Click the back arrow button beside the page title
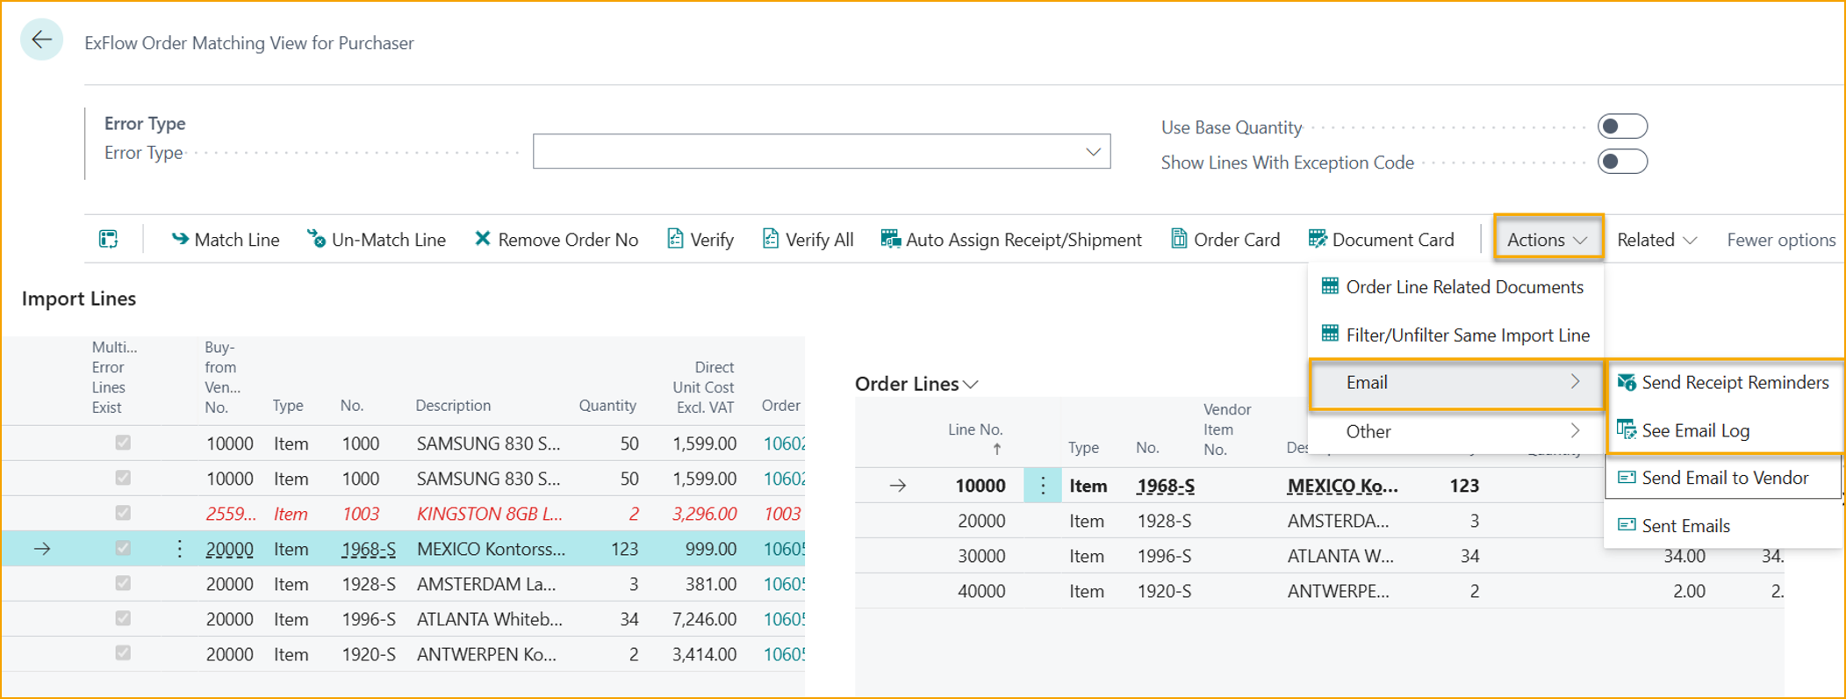pyautogui.click(x=41, y=40)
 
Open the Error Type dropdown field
pyautogui.click(x=821, y=152)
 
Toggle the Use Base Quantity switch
pyautogui.click(x=1621, y=126)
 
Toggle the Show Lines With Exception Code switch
pyautogui.click(x=1621, y=162)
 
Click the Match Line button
pyautogui.click(x=226, y=240)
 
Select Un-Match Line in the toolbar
pyautogui.click(x=377, y=240)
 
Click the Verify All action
pyautogui.click(x=808, y=240)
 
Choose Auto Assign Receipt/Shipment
pyautogui.click(x=1011, y=240)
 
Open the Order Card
pyautogui.click(x=1225, y=240)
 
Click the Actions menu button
pyautogui.click(x=1548, y=240)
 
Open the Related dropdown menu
pyautogui.click(x=1656, y=240)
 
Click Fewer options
pyautogui.click(x=1780, y=240)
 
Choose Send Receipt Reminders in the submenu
pyautogui.click(x=1724, y=383)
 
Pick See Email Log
pyautogui.click(x=1694, y=430)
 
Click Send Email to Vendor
pyautogui.click(x=1724, y=478)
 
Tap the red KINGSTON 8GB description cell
pyautogui.click(x=489, y=514)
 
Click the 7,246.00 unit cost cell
pyautogui.click(x=704, y=619)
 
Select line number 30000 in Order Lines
pyautogui.click(x=980, y=556)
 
